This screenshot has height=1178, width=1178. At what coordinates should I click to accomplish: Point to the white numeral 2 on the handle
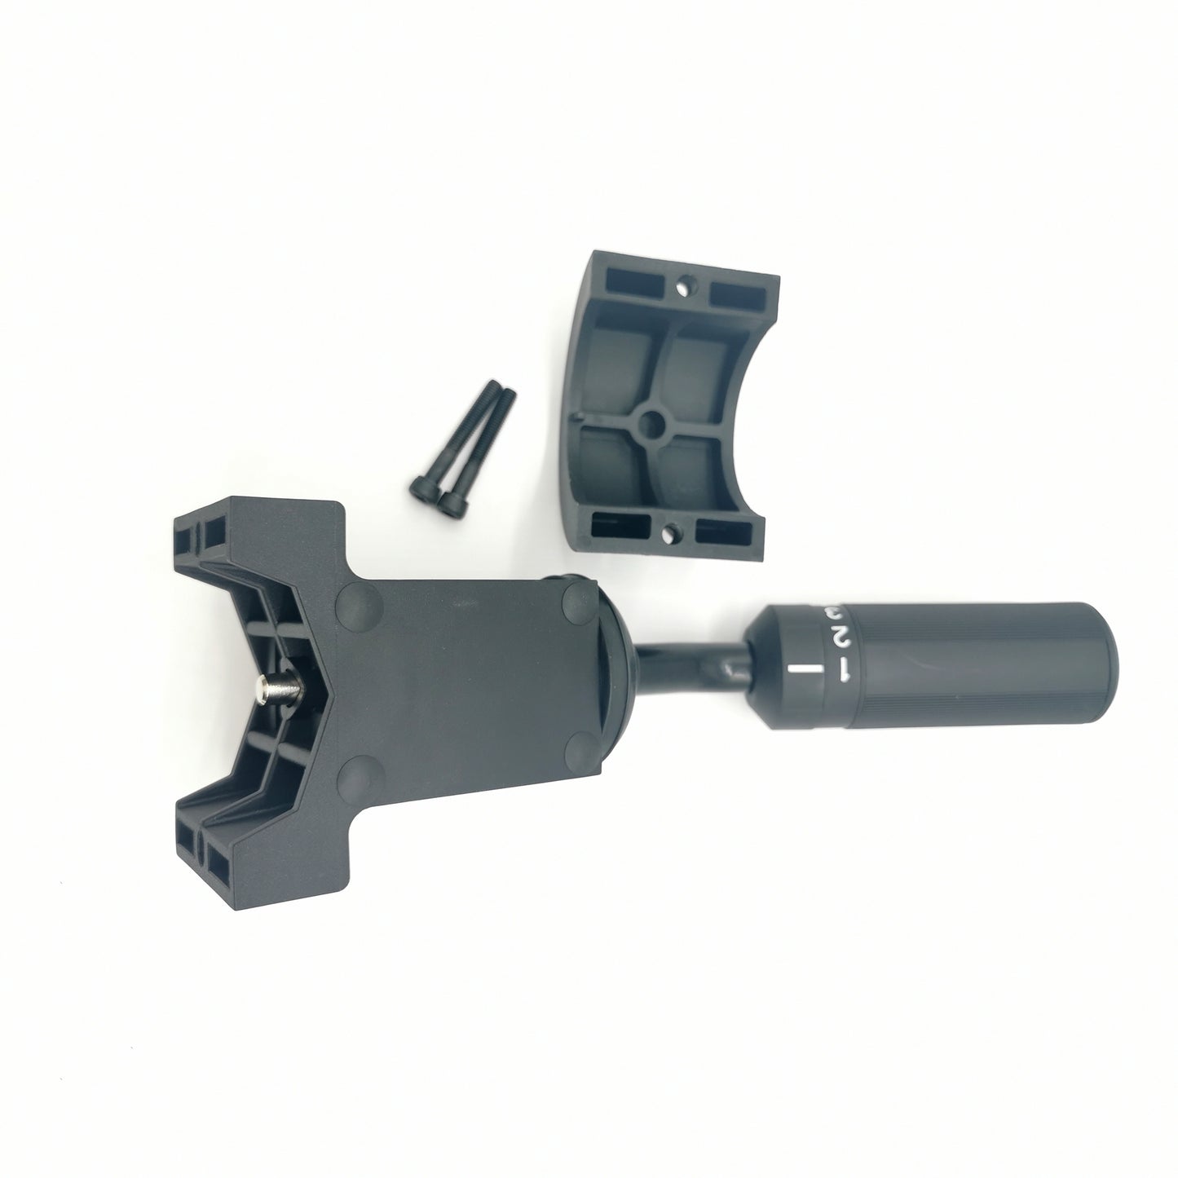coord(837,636)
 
